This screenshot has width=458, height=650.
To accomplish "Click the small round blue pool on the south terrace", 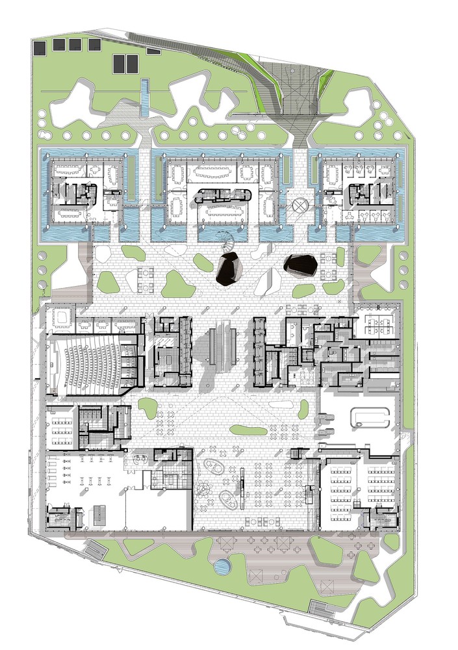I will click(x=222, y=567).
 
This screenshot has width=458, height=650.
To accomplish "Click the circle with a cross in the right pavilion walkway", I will click(x=299, y=207).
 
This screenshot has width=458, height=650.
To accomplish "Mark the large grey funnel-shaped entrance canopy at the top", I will click(x=292, y=97).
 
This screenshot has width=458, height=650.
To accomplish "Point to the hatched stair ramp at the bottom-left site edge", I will click(x=95, y=550).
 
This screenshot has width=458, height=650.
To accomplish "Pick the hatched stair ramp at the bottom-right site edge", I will click(x=323, y=609).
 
